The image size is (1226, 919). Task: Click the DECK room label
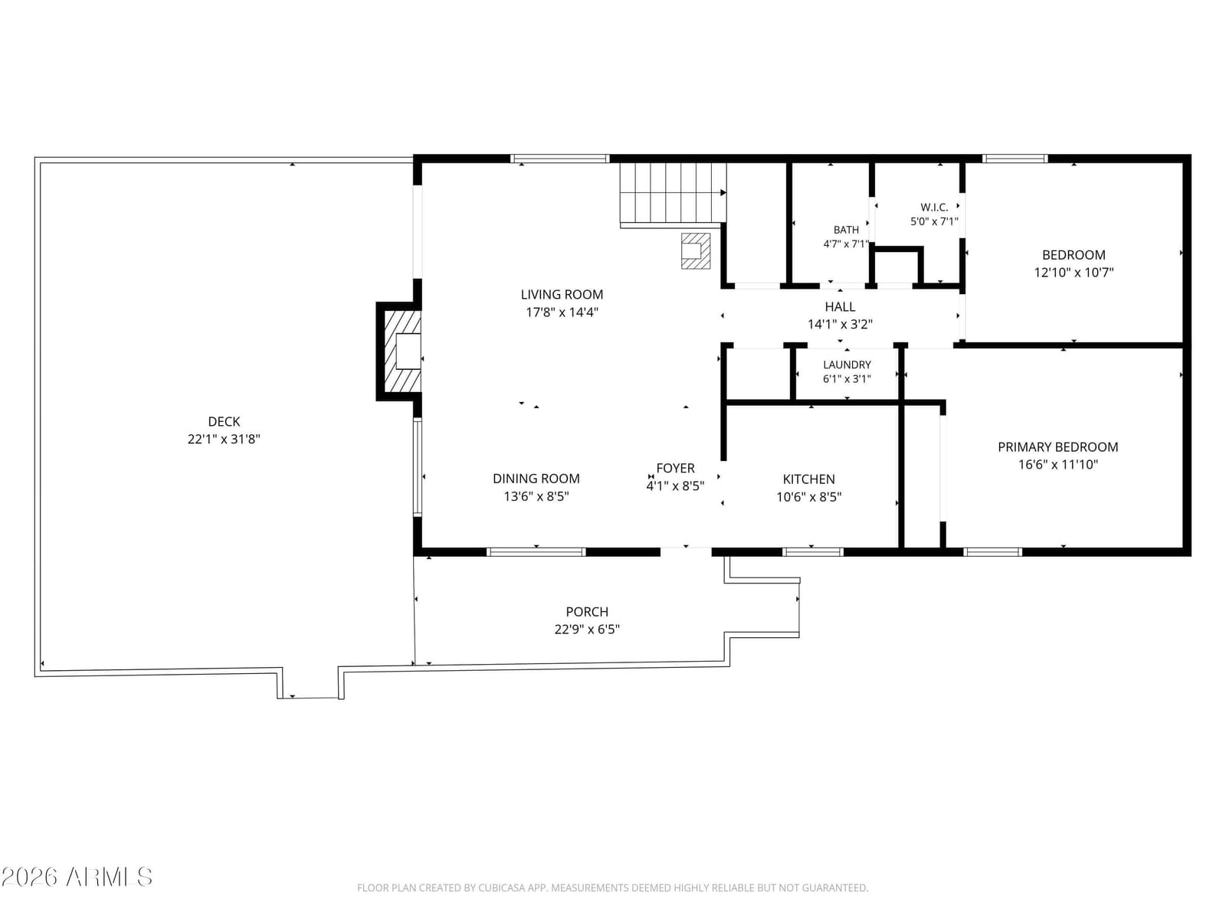(x=224, y=421)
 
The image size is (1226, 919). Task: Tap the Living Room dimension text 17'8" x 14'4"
(x=562, y=312)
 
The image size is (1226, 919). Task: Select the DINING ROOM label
(x=536, y=478)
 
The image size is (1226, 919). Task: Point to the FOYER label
(x=675, y=468)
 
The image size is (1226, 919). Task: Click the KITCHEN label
(x=808, y=479)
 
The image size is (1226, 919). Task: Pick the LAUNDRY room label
(x=847, y=365)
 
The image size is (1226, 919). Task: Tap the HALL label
(x=840, y=307)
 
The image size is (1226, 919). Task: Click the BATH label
(x=846, y=230)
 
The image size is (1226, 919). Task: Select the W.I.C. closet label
(x=934, y=208)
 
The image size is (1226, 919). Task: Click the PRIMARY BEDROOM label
(x=1057, y=447)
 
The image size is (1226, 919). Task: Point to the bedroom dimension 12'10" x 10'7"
(x=1073, y=273)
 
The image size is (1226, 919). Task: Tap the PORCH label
(x=586, y=612)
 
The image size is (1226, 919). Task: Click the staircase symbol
(x=673, y=193)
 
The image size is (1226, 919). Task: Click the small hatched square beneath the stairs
(x=696, y=251)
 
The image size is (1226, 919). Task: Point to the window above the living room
(x=559, y=159)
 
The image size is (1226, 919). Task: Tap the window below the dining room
(x=536, y=552)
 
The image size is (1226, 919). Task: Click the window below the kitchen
(x=812, y=552)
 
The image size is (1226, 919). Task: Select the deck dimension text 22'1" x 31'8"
(x=224, y=439)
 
